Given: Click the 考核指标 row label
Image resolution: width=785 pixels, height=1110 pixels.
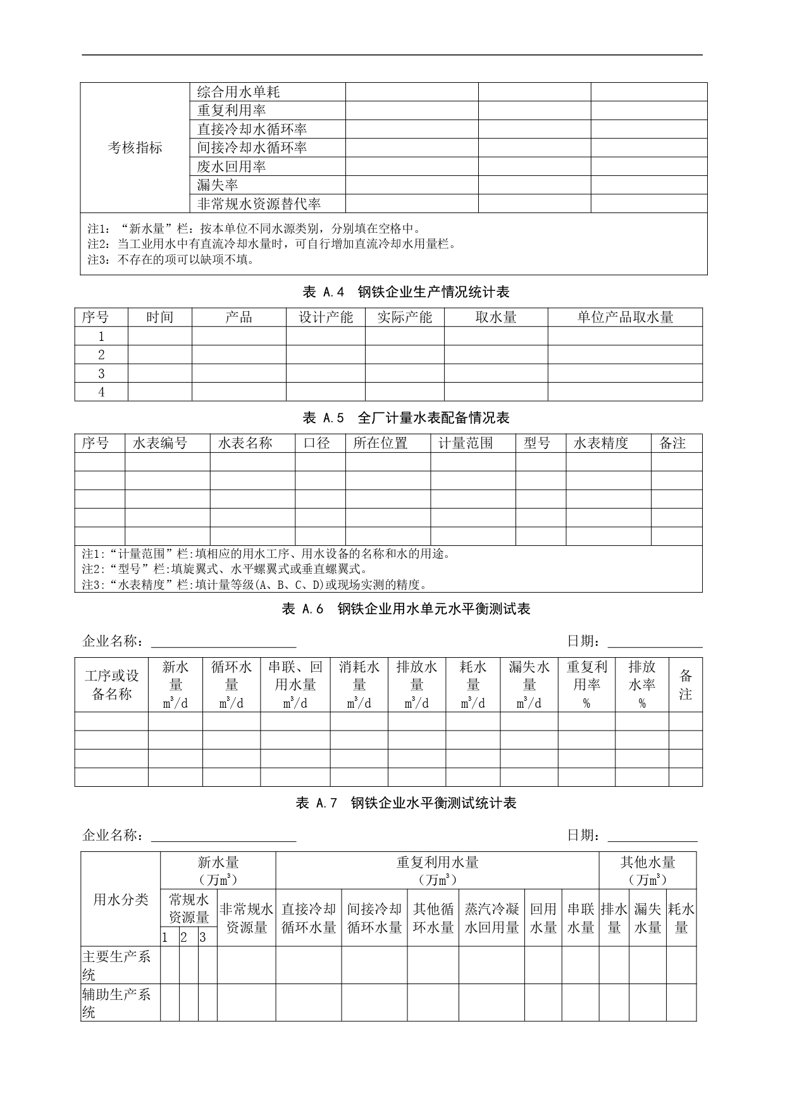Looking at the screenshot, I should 135,148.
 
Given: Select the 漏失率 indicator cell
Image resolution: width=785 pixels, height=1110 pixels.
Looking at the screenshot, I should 218,185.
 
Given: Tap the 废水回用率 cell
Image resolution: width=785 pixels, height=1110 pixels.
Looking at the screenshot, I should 232,167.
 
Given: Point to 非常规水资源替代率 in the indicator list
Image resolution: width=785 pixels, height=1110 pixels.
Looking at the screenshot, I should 259,204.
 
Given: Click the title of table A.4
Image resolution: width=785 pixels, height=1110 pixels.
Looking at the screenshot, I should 406,292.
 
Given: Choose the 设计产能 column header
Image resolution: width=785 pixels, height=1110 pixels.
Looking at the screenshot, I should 326,318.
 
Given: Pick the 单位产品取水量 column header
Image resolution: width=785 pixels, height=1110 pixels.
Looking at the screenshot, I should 625,318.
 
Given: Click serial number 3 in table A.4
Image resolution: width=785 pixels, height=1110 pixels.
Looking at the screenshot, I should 101,373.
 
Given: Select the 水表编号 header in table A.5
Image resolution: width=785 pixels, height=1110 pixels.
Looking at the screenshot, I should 160,443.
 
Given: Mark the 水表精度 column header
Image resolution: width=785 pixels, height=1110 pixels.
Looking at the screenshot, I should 601,443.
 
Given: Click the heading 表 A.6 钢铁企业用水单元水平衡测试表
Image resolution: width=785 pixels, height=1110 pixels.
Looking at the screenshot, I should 406,609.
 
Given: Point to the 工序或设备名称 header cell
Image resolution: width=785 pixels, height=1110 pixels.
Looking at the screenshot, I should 111,685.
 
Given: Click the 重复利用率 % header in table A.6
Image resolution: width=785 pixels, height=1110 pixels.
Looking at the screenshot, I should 586,685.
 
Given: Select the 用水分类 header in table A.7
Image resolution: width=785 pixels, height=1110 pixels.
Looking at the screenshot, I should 120,900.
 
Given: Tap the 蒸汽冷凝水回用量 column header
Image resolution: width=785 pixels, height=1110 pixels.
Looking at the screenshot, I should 491,918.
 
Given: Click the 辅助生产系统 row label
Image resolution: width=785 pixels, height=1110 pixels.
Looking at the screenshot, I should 116,1003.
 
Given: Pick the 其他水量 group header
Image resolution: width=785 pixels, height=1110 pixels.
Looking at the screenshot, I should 648,870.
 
